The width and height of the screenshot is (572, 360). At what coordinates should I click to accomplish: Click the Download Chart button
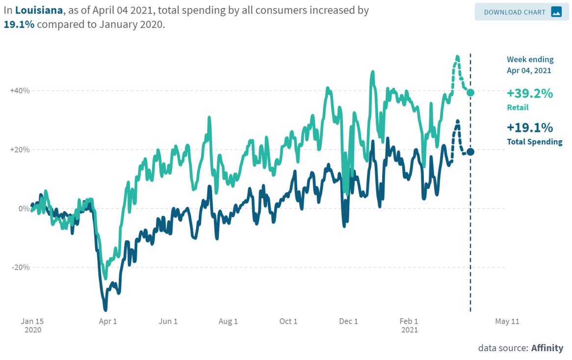click(x=521, y=12)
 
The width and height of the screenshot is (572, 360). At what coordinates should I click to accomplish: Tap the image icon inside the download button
click(x=556, y=12)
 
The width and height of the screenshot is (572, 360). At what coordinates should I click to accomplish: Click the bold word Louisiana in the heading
click(x=39, y=10)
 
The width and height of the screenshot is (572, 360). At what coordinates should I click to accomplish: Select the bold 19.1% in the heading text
click(x=19, y=25)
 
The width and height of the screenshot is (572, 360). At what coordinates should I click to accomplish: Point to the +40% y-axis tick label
click(x=19, y=91)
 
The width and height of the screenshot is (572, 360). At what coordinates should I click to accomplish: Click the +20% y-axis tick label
click(x=19, y=150)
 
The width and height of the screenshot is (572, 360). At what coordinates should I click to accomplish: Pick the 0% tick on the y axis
click(x=24, y=208)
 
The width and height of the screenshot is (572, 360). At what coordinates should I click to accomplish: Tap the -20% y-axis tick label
click(x=20, y=267)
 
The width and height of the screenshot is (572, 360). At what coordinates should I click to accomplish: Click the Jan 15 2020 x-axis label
click(x=32, y=325)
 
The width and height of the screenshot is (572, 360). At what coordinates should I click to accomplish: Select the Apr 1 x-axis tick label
click(x=108, y=322)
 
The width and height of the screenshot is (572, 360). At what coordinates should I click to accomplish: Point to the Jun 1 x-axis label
click(x=168, y=322)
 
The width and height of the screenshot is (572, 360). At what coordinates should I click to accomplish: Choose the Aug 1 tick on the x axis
click(x=228, y=322)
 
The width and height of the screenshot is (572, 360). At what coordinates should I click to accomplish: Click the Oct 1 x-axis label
click(x=288, y=322)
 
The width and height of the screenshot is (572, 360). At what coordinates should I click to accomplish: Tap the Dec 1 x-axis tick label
click(x=349, y=322)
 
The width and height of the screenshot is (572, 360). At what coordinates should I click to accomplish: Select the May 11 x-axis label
click(x=507, y=322)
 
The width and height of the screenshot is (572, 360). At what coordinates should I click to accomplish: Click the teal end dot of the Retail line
click(x=470, y=93)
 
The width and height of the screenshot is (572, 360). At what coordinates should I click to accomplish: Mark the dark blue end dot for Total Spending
click(x=470, y=152)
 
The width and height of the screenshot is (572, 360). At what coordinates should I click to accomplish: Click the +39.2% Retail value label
click(x=530, y=93)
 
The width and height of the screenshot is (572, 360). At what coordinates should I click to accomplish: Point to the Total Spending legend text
click(x=534, y=142)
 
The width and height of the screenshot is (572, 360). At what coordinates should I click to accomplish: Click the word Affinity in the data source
click(x=547, y=348)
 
